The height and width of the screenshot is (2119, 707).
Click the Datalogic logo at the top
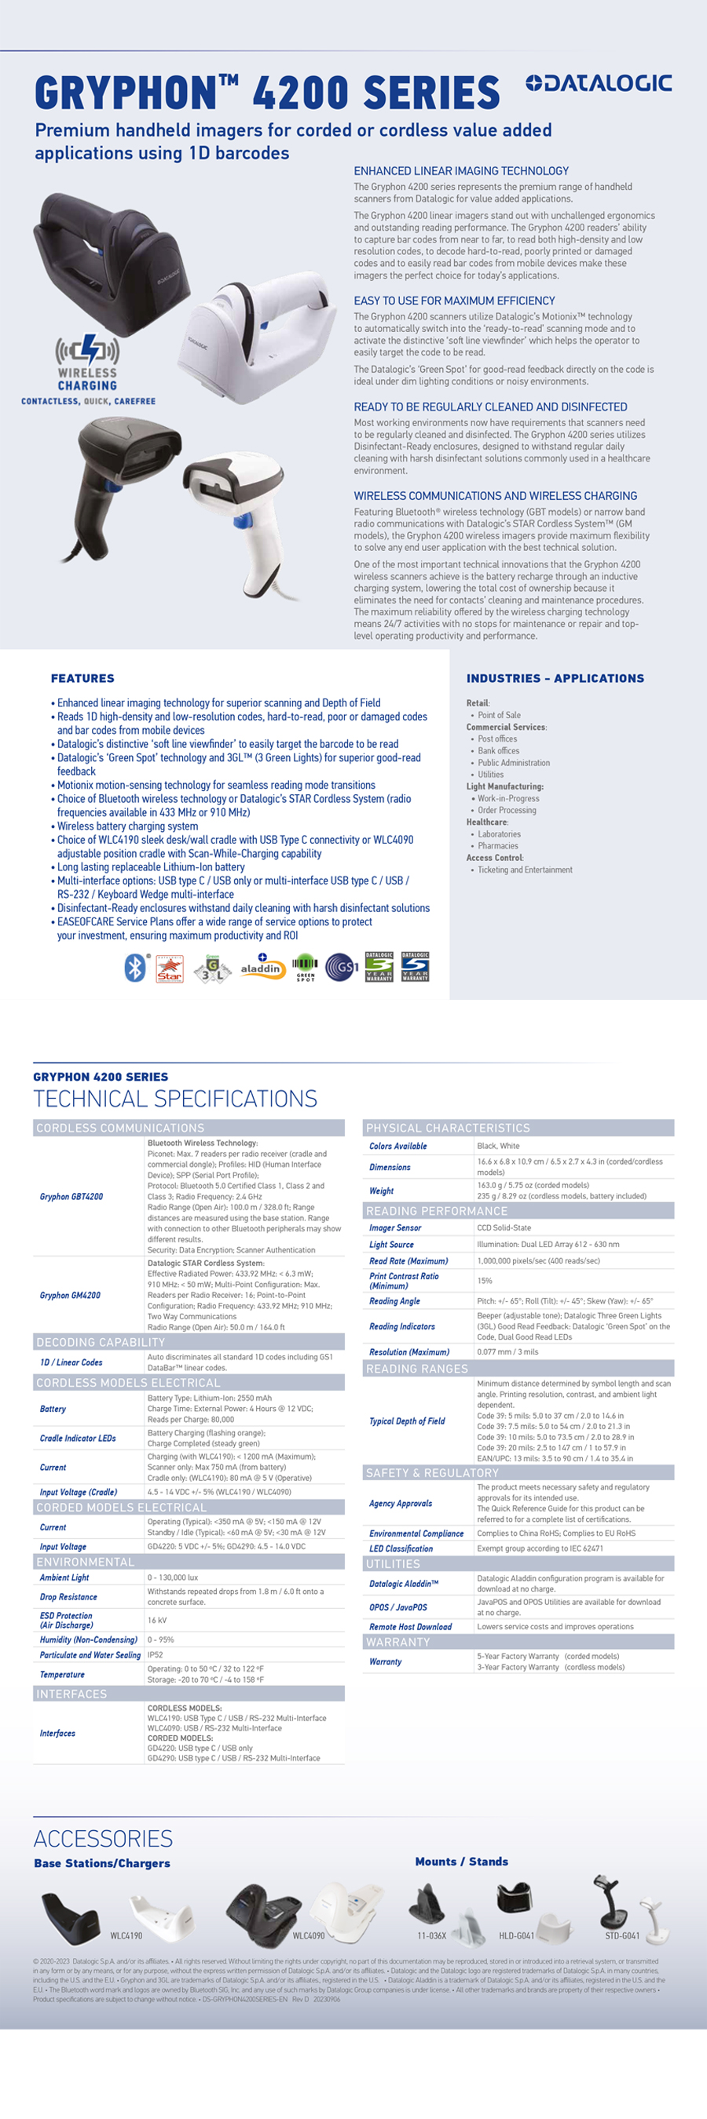599,83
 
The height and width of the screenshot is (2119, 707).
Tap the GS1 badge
342,968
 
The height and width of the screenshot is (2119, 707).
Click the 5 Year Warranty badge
415,967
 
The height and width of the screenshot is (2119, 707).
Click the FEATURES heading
82,679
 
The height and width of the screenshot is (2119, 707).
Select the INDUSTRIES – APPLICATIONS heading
555,679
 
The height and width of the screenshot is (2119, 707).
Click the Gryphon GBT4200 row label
71,1197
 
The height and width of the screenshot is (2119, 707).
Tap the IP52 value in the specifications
155,1654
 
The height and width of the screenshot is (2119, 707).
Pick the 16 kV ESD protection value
156,1620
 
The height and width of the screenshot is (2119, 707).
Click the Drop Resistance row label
68,1596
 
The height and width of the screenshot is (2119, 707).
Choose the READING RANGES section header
416,1369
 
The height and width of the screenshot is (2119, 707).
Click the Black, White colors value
498,1146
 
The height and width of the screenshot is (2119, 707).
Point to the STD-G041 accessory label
622,1935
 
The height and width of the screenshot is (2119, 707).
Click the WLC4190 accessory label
126,1935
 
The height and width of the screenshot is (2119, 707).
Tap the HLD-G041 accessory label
516,1935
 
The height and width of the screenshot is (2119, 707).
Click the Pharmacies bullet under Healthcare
498,845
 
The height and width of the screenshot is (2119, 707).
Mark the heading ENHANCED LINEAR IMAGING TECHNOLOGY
461,171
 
